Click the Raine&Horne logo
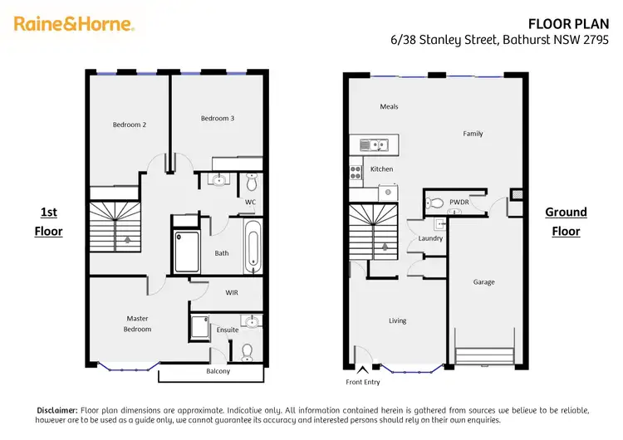(74, 24)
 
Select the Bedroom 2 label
(130, 125)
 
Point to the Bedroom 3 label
(218, 119)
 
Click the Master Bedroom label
(138, 324)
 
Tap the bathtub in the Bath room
(253, 247)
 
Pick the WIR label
(233, 292)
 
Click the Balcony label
(218, 371)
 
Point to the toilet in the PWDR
(435, 203)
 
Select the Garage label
(483, 282)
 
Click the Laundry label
(430, 238)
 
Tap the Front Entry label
(364, 382)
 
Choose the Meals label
(389, 107)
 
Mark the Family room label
(473, 134)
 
